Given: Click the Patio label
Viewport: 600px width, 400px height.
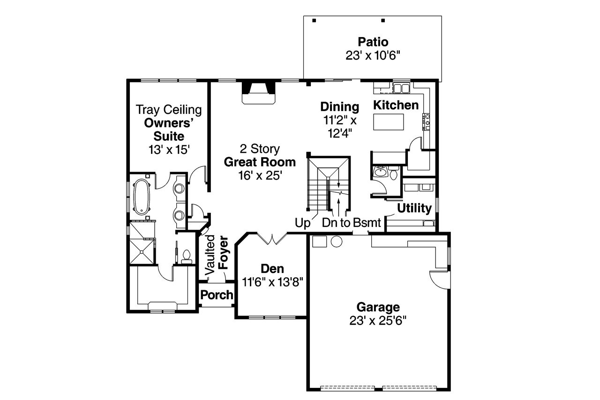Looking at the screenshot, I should point(373,42).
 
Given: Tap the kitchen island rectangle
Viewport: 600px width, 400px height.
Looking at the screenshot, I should point(389,122).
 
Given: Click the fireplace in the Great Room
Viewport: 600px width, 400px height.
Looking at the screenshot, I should point(257,92).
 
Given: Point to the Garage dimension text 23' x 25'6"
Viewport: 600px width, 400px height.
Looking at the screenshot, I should point(377,320).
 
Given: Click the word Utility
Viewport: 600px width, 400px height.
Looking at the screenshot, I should point(414,208).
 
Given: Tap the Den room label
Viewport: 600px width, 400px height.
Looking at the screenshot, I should point(272,269).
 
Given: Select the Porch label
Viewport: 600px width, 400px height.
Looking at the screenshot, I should point(217,295).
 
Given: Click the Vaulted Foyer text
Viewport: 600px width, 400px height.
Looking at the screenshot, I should point(216,256).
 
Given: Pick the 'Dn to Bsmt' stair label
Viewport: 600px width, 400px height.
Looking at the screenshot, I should point(351,223).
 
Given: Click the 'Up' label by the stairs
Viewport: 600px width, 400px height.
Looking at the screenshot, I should point(303,223).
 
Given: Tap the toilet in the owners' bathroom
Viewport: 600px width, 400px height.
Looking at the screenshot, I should point(187,256).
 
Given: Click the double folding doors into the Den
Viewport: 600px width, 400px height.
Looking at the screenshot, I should point(272,239).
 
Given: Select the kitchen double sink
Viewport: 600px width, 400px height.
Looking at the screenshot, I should point(400,88).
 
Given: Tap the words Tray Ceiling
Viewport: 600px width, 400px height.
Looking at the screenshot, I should point(169,110).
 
